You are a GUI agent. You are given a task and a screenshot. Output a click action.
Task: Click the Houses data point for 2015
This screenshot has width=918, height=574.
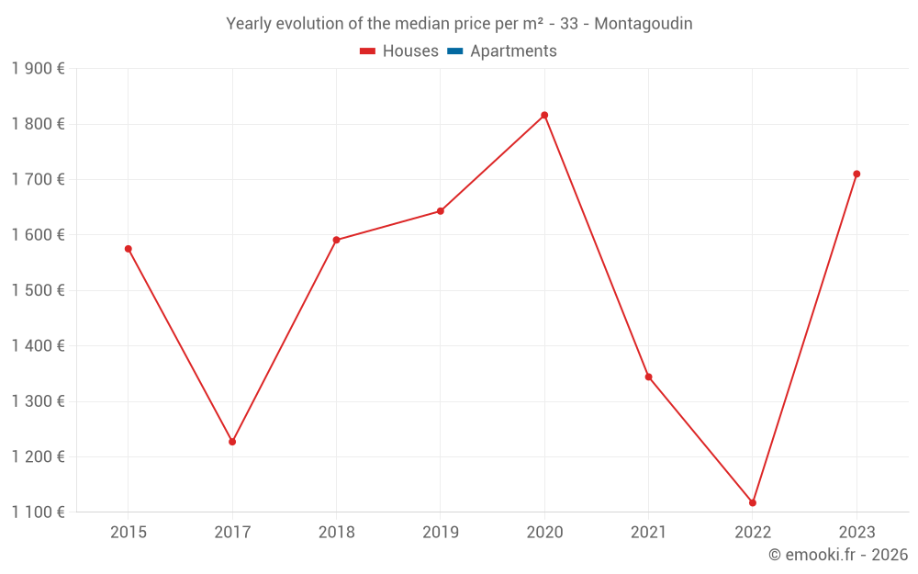click(129, 249)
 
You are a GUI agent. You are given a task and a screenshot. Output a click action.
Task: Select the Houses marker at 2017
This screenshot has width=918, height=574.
click(232, 442)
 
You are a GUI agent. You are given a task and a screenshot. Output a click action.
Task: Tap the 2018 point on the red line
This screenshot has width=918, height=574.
click(336, 240)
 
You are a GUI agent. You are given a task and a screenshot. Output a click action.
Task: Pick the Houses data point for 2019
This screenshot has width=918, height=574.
click(441, 211)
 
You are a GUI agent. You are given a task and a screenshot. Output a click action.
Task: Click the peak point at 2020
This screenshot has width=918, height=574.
click(544, 116)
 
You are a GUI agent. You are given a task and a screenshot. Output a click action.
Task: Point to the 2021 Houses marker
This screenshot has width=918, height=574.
click(648, 377)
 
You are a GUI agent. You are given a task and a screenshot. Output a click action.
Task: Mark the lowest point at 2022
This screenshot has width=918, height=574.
click(753, 502)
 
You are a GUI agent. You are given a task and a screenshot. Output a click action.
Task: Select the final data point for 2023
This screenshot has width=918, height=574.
click(856, 174)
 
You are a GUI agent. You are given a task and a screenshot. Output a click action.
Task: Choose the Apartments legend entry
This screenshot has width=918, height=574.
click(513, 51)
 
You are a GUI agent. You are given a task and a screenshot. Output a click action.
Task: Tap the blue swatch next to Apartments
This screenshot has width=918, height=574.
click(454, 51)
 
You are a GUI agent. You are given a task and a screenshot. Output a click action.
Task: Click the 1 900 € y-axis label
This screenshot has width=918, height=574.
click(38, 69)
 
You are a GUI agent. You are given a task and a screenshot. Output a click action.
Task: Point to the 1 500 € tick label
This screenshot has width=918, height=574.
click(38, 290)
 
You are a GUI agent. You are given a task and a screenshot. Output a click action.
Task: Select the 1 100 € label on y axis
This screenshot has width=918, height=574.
click(38, 512)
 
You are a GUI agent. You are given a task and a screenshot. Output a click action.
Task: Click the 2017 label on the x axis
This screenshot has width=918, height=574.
click(232, 533)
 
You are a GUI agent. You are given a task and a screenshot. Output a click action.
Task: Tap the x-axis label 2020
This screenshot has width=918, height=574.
click(544, 533)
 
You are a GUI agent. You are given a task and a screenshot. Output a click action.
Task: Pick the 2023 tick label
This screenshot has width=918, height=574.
click(856, 533)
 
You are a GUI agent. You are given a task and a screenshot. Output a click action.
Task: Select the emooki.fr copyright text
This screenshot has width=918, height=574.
click(838, 555)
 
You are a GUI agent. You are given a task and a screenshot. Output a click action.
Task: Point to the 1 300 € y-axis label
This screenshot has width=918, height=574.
click(38, 401)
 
